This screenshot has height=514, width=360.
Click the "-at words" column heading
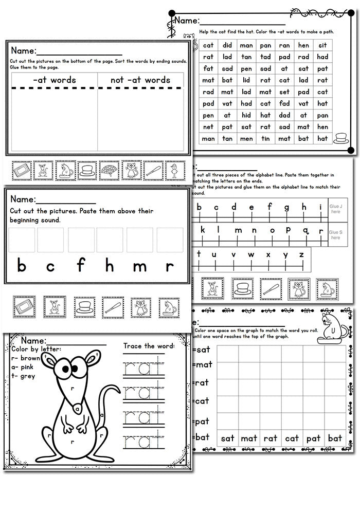click(x=53, y=80)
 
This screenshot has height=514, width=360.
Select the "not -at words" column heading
click(x=140, y=80)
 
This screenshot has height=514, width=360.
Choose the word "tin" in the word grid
click(x=265, y=138)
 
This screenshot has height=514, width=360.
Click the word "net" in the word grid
click(x=208, y=126)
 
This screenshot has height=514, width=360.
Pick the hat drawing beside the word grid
click(x=340, y=138)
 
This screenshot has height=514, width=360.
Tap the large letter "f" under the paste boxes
click(x=81, y=266)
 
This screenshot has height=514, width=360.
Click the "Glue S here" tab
click(x=335, y=234)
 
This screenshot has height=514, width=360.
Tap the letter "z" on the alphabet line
click(x=301, y=254)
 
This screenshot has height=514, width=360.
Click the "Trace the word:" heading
click(x=149, y=345)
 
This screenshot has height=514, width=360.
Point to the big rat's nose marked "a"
click(x=77, y=408)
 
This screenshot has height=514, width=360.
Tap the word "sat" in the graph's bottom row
click(x=228, y=438)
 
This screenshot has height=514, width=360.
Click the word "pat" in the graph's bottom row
click(x=313, y=438)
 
